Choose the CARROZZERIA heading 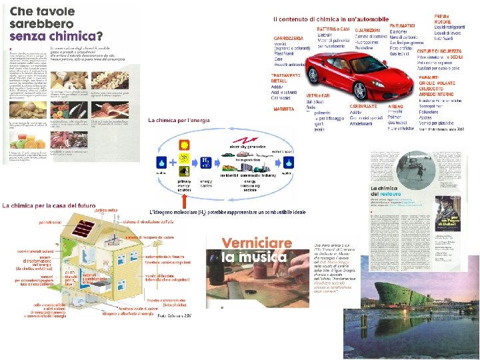coord(289,39)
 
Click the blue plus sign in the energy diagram coord(173,162)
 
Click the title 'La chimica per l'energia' coord(179,120)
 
